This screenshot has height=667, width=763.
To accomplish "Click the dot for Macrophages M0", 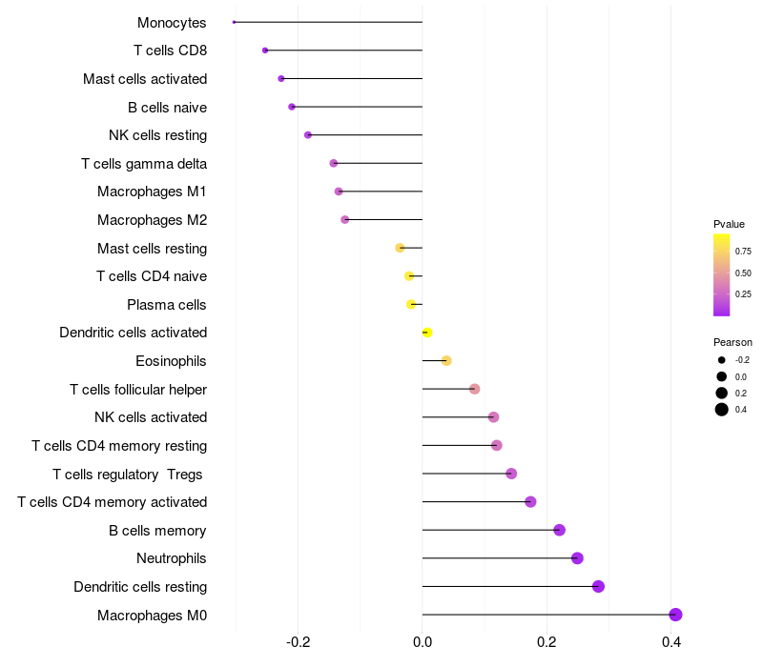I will point(675,615).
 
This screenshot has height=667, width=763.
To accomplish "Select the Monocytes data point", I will point(234,22).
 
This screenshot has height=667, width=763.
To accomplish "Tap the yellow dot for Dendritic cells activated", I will point(427,333).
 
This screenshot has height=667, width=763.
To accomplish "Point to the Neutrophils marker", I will point(577,558).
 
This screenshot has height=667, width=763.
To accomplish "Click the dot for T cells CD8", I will point(265,51).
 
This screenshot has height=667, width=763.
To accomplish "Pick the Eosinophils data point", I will point(446,360).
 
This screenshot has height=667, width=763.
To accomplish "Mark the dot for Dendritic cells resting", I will point(598,586).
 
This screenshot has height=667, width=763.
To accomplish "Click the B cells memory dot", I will point(559,530).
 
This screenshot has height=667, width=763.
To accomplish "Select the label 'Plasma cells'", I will point(167,305).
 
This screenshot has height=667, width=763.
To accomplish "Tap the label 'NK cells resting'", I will point(157,135).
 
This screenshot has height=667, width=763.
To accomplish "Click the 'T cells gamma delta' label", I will point(144,164).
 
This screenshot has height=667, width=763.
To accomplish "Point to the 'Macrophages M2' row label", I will point(152,220).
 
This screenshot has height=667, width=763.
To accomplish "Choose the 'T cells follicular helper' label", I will point(138,390).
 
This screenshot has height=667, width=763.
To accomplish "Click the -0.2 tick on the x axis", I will point(299,642).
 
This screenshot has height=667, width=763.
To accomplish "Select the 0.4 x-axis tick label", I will point(671,642).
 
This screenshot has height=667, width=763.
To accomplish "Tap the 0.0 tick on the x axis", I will point(423,642).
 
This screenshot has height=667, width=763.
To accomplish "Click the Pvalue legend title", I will point(729,224).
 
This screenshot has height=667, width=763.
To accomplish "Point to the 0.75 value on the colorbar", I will point(743,252).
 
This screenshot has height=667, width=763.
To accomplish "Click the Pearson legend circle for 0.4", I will point(722,410).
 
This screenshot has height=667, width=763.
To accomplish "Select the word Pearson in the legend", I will point(732,342).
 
